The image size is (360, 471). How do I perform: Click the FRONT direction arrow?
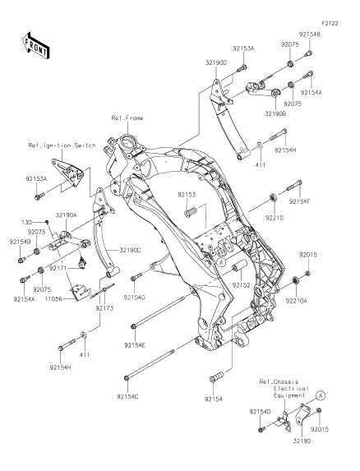click(36, 45)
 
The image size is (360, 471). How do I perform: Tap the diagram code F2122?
click(330, 23)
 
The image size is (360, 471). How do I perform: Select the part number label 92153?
click(186, 195)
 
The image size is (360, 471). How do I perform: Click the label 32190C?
click(130, 250)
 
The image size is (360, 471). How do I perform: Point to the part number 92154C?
click(127, 396)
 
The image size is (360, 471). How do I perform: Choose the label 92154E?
click(135, 345)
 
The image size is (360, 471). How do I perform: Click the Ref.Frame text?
click(127, 118)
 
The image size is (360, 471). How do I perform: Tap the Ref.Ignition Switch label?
click(62, 145)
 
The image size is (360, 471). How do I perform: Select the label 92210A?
click(297, 300)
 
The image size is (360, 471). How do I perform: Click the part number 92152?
click(241, 285)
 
